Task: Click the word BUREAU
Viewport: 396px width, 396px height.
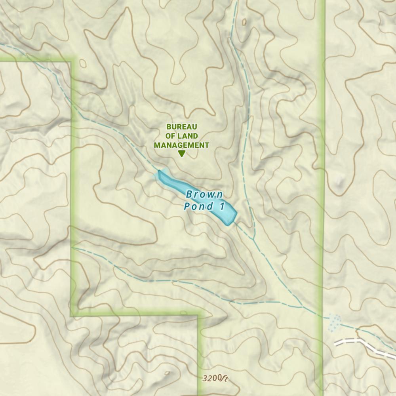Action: pyautogui.click(x=182, y=127)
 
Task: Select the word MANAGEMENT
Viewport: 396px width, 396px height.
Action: pyautogui.click(x=181, y=145)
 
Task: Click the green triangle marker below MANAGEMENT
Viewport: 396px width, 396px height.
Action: pyautogui.click(x=181, y=154)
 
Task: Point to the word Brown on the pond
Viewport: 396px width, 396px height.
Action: pyautogui.click(x=204, y=194)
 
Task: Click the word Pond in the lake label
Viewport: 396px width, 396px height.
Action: pyautogui.click(x=198, y=206)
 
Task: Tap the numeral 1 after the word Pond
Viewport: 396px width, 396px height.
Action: pyautogui.click(x=222, y=206)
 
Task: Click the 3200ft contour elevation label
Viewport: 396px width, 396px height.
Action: pyautogui.click(x=215, y=379)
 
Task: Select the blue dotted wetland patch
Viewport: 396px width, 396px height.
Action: pyautogui.click(x=335, y=322)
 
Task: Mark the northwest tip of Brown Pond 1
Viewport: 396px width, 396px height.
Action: pyautogui.click(x=159, y=171)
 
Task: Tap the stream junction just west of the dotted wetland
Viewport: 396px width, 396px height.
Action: pyautogui.click(x=303, y=307)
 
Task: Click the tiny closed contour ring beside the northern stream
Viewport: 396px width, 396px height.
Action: pyautogui.click(x=244, y=22)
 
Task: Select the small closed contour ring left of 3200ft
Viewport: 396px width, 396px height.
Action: pyautogui.click(x=167, y=373)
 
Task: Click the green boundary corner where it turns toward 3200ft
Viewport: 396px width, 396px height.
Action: pyautogui.click(x=198, y=316)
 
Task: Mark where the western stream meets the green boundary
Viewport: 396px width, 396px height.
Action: pyautogui.click(x=72, y=248)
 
